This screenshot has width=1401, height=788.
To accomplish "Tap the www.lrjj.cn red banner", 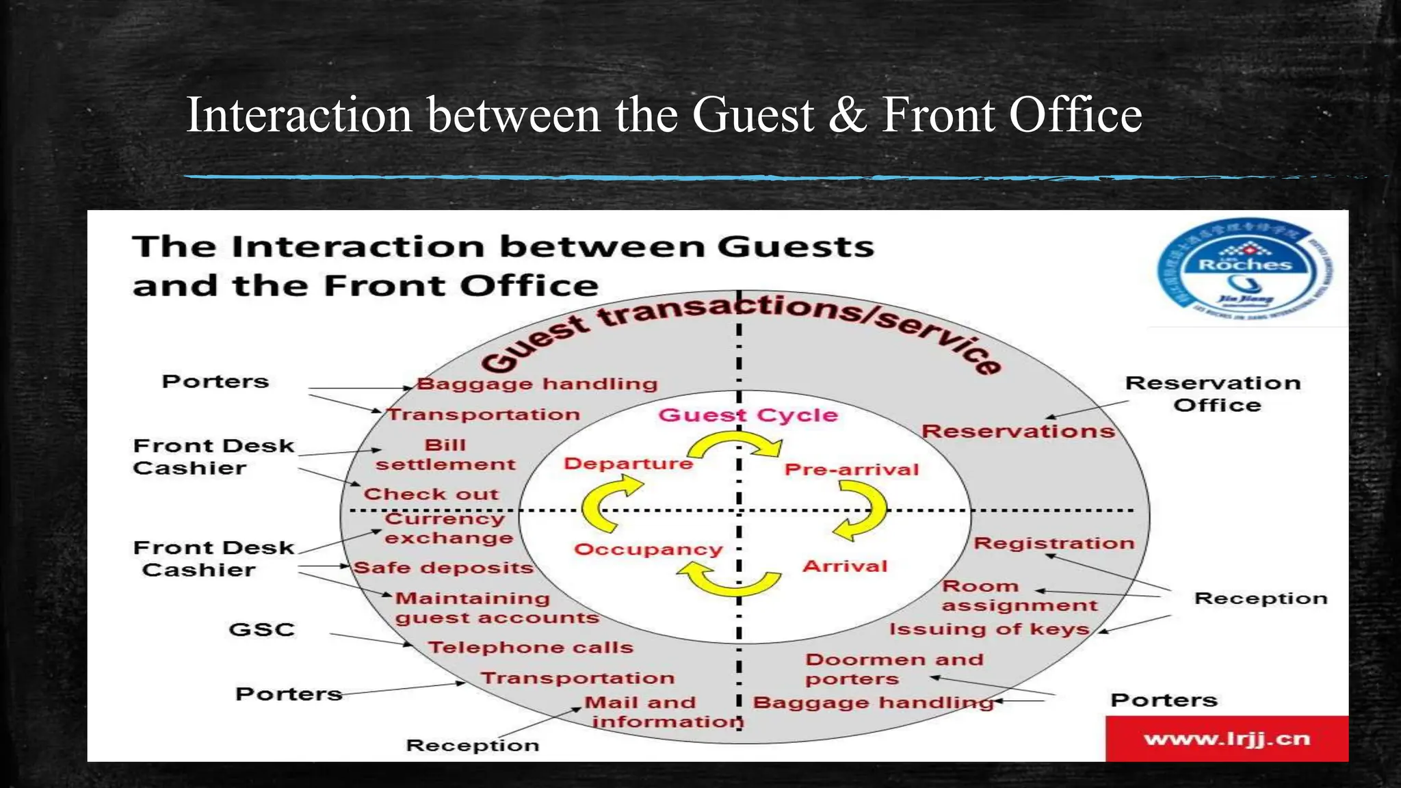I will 1227,739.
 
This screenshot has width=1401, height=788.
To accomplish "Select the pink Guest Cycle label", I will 748,415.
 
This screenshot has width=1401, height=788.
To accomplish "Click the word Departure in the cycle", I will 628,464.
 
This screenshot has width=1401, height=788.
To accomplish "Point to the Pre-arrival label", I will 852,470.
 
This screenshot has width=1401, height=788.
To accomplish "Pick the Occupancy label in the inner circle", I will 648,549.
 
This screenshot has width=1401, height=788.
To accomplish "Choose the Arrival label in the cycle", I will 845,566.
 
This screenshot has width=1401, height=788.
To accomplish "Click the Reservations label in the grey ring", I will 1018,432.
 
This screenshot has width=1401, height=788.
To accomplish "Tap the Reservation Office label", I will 1214,394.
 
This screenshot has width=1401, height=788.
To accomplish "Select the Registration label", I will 1053,543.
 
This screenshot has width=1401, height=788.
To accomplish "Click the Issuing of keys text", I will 988,629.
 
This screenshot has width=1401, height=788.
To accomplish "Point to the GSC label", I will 261,629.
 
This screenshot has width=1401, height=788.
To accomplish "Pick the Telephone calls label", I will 530,647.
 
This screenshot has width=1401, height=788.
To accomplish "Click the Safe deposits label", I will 443,568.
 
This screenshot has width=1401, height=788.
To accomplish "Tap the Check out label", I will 431,494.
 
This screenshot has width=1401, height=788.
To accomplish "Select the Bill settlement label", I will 445,455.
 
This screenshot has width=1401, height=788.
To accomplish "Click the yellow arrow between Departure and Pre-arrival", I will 735,447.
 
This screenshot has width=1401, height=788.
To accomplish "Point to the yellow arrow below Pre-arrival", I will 862,510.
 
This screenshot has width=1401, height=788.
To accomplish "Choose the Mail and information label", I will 664,712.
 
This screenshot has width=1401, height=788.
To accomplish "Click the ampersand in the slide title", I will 848,114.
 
